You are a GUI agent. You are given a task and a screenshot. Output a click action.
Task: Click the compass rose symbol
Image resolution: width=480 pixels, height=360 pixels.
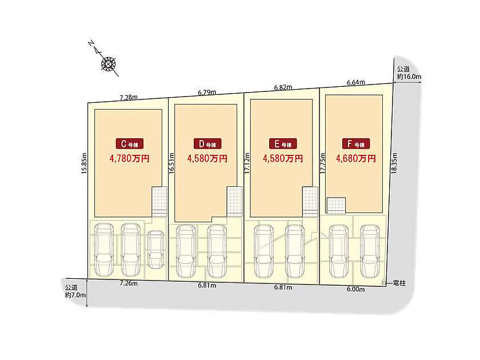pos(109,64)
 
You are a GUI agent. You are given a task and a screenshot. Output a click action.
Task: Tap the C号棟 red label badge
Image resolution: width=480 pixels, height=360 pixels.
pos(130,143)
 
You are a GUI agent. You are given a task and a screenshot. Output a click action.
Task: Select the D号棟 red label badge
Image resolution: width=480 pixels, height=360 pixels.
pos(207,143)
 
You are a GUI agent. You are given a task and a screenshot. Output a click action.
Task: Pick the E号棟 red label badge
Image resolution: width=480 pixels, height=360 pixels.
pos(283,143)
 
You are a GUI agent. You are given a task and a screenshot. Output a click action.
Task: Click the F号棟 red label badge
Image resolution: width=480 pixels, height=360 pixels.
pos(356,143)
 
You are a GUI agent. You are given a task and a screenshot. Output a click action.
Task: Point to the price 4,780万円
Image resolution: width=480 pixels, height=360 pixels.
pos(130,158)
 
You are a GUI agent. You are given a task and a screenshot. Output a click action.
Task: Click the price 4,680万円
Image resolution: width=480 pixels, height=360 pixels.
pos(356,158)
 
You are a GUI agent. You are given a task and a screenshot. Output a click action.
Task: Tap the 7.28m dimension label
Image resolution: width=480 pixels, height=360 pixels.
pos(129,97)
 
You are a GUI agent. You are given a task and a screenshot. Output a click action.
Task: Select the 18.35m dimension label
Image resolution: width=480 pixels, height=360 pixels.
pos(394,163)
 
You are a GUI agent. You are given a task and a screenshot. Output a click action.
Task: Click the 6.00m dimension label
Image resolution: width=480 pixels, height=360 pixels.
pos(355,289)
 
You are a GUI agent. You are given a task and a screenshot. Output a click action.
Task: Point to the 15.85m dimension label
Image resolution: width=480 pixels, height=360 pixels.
pos(84,163)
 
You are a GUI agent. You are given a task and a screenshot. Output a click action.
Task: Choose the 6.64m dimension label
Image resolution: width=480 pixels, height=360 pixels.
pos(355,82)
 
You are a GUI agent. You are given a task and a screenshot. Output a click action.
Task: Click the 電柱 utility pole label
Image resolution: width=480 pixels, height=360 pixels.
pos(399,283)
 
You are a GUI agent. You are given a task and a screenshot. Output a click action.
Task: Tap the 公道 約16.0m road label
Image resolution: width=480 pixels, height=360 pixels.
pos(409,73)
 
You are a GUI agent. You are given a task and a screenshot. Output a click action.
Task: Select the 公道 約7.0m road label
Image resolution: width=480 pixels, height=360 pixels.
pos(75,291)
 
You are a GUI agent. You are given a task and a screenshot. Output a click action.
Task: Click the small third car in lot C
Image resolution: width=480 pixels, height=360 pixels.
pos(155,250)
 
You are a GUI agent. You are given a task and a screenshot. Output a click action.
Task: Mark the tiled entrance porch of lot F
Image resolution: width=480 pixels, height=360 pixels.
pos(336,205)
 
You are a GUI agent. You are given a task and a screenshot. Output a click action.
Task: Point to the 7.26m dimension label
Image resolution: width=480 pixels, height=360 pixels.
pos(129,283)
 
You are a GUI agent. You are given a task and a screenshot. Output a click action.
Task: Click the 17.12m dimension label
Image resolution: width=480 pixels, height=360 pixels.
pos(247,163)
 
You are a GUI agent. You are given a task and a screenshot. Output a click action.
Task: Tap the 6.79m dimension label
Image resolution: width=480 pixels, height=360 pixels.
pos(207,93)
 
